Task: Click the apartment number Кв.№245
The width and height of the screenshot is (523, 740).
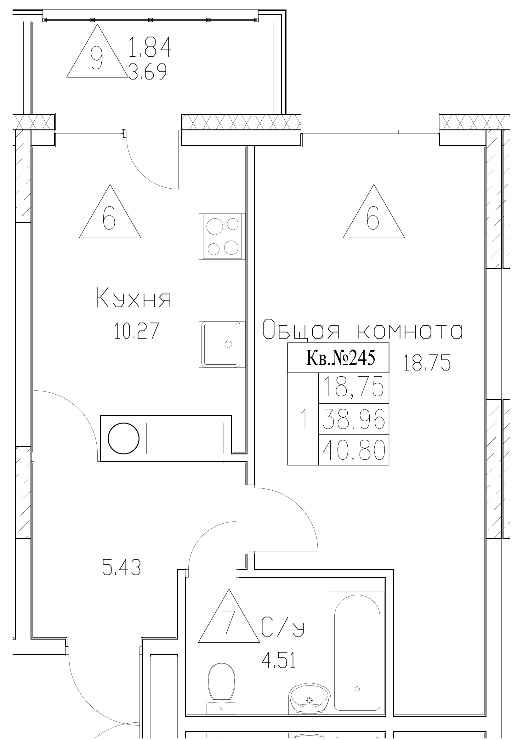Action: pyautogui.click(x=338, y=358)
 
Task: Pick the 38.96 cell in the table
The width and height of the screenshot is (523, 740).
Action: pyautogui.click(x=354, y=419)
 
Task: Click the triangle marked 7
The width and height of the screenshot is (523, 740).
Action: pyautogui.click(x=229, y=620)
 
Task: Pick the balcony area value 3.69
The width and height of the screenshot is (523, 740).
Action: pyautogui.click(x=147, y=71)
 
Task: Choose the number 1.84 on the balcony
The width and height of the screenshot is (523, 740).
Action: pyautogui.click(x=150, y=48)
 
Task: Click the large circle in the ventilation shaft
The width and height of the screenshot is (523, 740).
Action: pyautogui.click(x=123, y=438)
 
